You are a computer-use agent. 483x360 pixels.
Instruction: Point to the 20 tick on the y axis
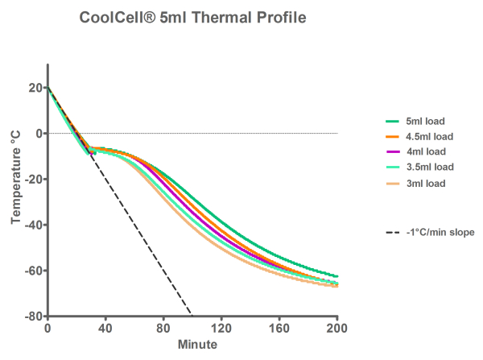34,87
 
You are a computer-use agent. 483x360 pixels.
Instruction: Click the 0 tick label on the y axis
37,133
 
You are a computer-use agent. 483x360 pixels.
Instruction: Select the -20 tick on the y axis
31,179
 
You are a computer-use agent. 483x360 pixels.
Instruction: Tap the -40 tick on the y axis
31,225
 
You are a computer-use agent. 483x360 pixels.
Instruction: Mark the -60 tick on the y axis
31,271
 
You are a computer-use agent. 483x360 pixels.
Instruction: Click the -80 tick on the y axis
31,317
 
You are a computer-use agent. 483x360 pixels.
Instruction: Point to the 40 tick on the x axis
105,329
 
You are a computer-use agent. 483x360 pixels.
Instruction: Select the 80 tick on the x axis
163,329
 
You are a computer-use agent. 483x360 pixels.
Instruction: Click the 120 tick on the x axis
221,329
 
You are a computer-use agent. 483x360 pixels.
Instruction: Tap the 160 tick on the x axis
279,329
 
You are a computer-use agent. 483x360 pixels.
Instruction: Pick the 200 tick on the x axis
336,329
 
